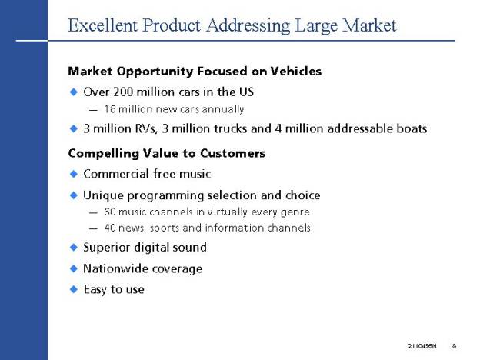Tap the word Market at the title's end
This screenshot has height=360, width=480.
(369, 25)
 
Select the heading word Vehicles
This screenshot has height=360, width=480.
(295, 72)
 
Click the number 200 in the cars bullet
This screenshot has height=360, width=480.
(123, 92)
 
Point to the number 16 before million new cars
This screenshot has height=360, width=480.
(109, 109)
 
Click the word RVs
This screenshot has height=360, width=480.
(146, 128)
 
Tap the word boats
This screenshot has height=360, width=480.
(412, 128)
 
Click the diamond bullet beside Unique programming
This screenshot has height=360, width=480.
(74, 195)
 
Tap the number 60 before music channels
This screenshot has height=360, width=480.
(109, 212)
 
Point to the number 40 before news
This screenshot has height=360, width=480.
(110, 228)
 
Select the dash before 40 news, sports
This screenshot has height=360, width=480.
(93, 228)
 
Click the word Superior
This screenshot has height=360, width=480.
(106, 248)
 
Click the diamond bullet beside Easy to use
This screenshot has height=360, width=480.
(74, 289)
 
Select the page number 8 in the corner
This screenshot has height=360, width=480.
(455, 346)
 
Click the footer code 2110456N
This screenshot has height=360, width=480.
(422, 346)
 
